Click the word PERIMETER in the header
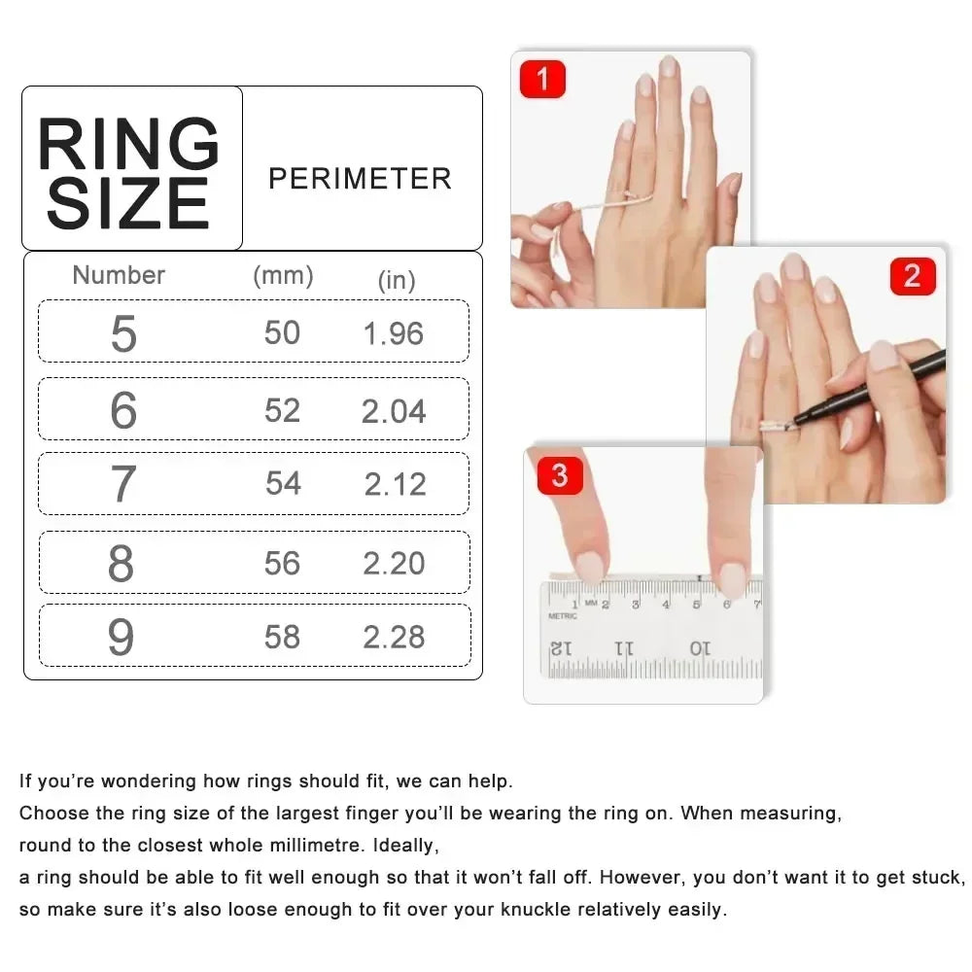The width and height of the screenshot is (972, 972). (x=360, y=179)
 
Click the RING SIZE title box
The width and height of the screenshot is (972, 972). (x=131, y=169)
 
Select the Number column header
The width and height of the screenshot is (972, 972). (x=119, y=275)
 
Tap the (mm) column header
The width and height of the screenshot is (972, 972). (x=283, y=275)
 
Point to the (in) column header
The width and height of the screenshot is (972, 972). (x=397, y=280)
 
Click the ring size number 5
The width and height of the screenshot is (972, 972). (x=123, y=333)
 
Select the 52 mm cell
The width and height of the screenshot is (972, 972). (x=282, y=410)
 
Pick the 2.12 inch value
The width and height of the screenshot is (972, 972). (x=395, y=484)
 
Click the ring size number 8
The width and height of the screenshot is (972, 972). (x=121, y=563)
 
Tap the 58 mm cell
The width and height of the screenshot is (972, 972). (x=282, y=637)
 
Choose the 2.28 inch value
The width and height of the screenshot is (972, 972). (x=394, y=637)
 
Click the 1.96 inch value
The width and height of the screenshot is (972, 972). (x=394, y=333)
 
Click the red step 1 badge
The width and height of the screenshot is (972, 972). (x=542, y=79)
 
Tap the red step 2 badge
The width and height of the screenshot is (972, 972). (x=912, y=276)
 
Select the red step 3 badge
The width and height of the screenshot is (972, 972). (x=559, y=475)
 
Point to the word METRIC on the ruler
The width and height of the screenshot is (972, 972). (x=563, y=616)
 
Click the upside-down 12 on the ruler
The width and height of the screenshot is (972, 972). (x=562, y=647)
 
